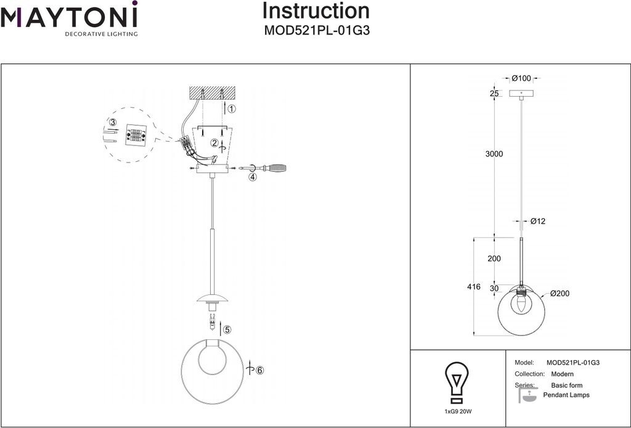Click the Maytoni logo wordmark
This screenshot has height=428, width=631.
coord(69,15)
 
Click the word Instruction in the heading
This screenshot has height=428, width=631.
coord(316,11)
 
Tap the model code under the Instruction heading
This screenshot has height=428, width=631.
coord(317,31)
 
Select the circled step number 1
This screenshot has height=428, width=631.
coord(232,108)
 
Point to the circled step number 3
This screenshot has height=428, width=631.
coord(113,122)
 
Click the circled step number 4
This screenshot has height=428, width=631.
coord(252,177)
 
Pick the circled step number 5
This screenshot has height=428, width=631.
coord(227,330)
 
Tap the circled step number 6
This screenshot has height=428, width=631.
coord(259,370)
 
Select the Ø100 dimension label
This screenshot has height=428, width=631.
coord(521,78)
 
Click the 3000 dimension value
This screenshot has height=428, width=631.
coord(494,154)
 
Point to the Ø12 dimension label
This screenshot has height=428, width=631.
coord(537,221)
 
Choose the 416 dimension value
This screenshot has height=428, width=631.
coord(474,287)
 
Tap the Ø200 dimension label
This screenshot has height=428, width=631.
coord(560,293)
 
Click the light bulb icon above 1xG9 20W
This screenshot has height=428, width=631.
coord(457,382)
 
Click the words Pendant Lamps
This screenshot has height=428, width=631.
coord(566,395)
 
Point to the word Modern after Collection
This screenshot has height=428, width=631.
coord(562,374)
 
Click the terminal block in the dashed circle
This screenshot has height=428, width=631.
coord(136,134)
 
